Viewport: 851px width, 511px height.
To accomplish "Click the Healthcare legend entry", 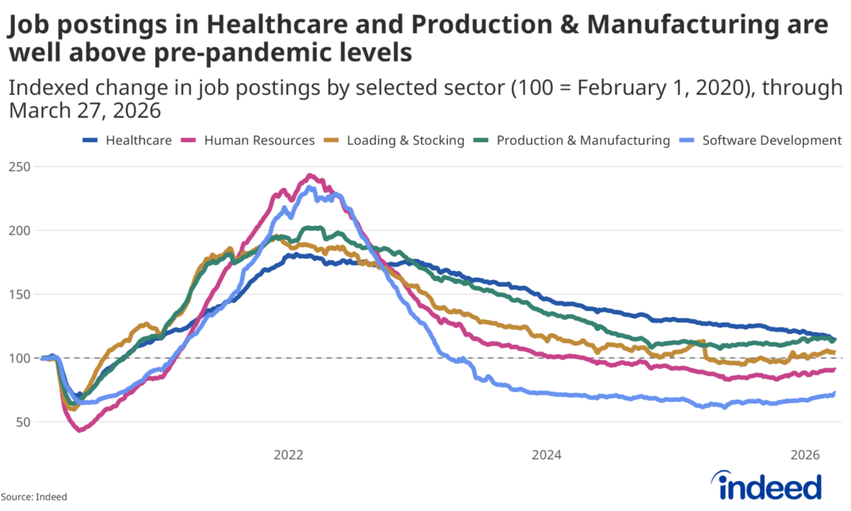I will [x=131, y=140].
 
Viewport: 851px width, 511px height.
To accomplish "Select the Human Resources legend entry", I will [x=252, y=140].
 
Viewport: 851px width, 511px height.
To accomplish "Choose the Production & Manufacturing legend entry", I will [x=575, y=140].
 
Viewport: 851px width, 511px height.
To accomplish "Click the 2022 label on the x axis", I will [x=288, y=455].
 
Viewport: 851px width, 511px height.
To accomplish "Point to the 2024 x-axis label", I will [x=547, y=455].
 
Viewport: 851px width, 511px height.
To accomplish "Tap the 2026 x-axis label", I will [x=805, y=455].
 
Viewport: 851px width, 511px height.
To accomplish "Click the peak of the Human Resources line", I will [x=310, y=175].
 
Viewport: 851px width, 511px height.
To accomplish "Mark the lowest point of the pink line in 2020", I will [x=79, y=430].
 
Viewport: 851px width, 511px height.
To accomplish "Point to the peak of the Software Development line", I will [x=310, y=187].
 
